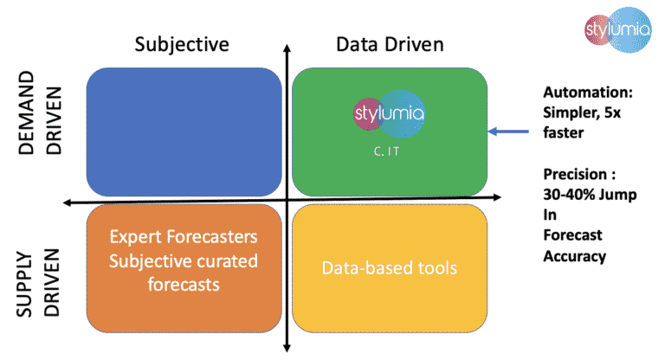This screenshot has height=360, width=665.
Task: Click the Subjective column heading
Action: coord(182,44)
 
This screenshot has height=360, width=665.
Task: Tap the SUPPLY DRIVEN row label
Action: coord(43,280)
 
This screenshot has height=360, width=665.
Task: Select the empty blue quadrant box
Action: coord(184,131)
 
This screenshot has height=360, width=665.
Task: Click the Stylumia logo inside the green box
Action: coord(390,115)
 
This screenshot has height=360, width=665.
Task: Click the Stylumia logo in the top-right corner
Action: coord(610,35)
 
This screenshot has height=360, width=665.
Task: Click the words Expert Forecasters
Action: coord(184,236)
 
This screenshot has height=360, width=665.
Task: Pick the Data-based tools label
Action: coord(390,268)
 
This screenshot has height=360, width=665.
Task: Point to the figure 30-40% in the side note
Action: coord(567,195)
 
